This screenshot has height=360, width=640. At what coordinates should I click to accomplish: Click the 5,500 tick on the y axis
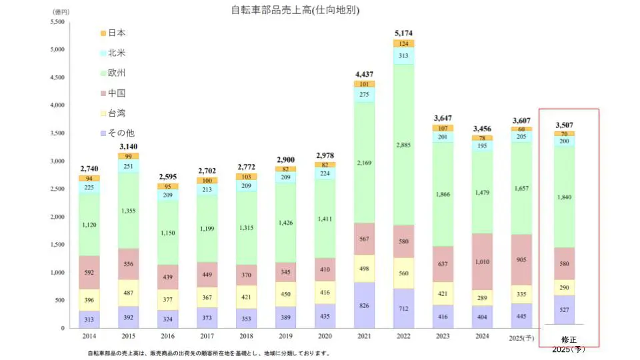(x=57, y=22)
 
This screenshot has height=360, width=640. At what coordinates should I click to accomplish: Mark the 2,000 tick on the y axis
(x=57, y=217)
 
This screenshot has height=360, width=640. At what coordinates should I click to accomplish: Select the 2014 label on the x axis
(x=89, y=336)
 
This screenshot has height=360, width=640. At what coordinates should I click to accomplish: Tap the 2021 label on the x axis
(x=364, y=336)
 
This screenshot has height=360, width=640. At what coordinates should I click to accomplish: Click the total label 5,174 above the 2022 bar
(x=403, y=33)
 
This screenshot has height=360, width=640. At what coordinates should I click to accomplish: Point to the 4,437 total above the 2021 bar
(x=364, y=74)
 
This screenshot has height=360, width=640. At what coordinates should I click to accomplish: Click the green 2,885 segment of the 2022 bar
(x=403, y=145)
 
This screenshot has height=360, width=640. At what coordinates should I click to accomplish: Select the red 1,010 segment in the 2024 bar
(x=482, y=261)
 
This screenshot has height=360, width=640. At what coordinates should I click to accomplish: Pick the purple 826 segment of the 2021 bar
(x=364, y=305)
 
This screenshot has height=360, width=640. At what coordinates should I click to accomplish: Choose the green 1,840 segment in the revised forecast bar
(x=564, y=197)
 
